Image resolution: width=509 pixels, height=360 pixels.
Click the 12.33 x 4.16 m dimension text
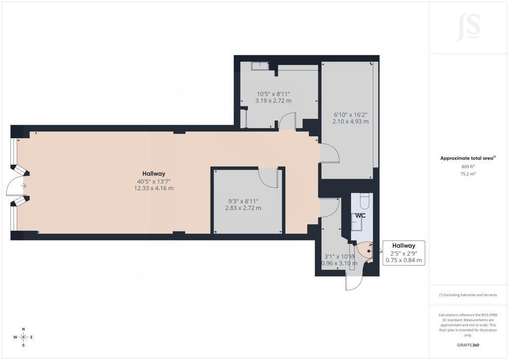coord(154,188)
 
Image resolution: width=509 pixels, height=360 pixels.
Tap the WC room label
coord(360,215)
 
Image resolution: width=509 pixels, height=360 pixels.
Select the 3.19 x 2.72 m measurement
coord(273,100)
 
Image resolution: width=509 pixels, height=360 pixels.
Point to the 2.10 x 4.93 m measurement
coord(350,121)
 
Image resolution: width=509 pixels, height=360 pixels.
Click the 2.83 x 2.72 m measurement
coord(243,208)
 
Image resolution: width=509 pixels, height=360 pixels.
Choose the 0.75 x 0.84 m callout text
coord(404,260)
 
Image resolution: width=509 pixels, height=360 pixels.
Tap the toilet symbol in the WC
coord(365,200)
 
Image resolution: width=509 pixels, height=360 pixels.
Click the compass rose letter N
coord(23,329)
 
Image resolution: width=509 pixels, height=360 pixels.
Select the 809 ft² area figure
coord(468,167)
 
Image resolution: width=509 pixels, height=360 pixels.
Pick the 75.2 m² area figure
coord(468,174)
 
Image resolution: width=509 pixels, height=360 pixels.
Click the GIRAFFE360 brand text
coord(468,345)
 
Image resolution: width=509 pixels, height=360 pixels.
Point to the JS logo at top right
coord(468,27)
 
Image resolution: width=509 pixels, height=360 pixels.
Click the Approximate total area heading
coord(467,159)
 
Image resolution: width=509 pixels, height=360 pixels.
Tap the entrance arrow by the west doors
coord(23,185)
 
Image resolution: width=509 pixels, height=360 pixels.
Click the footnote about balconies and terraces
coord(468,295)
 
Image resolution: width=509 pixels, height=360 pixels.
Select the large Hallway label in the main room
coord(154,174)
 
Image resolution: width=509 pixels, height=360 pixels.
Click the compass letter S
coord(23,346)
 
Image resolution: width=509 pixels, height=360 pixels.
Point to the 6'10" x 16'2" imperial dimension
coord(350,114)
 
